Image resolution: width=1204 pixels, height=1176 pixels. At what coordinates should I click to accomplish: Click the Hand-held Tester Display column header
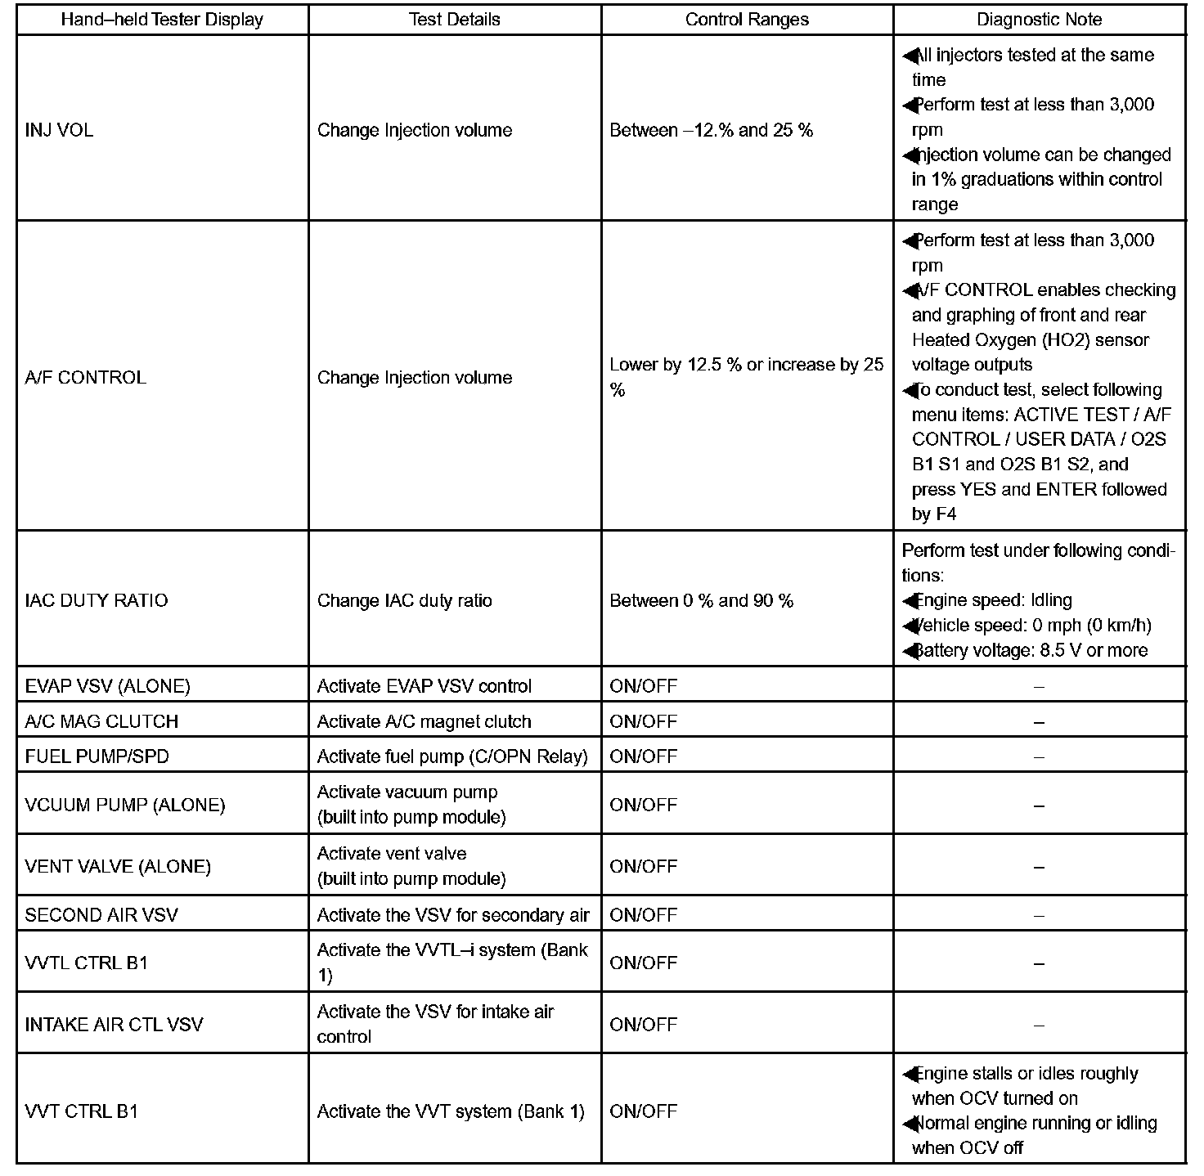(x=162, y=20)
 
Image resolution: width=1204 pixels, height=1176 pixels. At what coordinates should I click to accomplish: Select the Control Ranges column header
(x=747, y=20)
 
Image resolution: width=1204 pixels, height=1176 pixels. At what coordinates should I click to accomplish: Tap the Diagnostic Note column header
(x=1039, y=20)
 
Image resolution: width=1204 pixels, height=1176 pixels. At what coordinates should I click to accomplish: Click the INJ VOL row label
(x=59, y=130)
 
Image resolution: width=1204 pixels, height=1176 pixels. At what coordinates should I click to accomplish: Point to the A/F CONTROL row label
(x=86, y=378)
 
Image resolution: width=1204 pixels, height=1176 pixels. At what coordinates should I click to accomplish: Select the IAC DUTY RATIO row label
(x=97, y=600)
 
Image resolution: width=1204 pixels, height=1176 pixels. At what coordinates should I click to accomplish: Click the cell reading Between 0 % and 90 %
(x=701, y=600)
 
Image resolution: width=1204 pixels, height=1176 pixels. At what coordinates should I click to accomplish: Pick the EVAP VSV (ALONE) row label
(x=107, y=686)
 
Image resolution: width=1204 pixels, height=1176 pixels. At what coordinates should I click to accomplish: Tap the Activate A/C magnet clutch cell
(x=424, y=721)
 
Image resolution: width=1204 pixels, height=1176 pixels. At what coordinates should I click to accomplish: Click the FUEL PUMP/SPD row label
(x=97, y=756)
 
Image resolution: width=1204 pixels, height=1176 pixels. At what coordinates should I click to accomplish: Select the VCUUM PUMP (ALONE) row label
(x=124, y=805)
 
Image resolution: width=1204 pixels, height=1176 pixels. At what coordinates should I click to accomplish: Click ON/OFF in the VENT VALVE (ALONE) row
(x=643, y=866)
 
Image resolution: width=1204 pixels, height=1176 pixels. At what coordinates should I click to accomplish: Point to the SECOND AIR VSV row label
(x=101, y=915)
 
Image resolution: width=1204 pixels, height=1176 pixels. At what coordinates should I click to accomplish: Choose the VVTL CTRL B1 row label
(x=87, y=963)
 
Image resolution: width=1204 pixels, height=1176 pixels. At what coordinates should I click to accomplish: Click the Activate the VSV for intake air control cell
(x=435, y=1024)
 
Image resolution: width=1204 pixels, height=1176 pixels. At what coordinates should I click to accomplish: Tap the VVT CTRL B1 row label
(x=82, y=1111)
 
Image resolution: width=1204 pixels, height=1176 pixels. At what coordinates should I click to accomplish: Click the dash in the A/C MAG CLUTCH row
(x=1039, y=722)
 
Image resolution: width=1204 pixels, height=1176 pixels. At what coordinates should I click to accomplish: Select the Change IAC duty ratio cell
(x=404, y=600)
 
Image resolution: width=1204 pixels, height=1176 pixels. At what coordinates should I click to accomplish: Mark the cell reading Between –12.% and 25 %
(x=711, y=130)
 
